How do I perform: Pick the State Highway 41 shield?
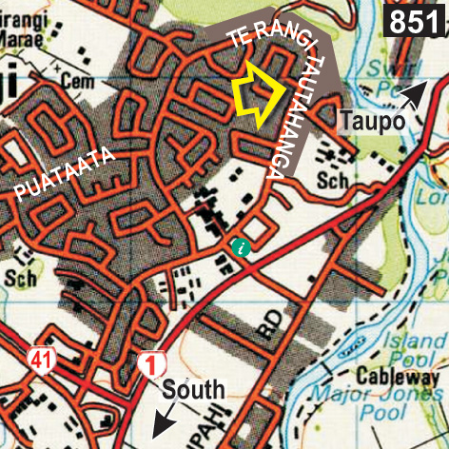[40, 360]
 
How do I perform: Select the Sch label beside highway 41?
[19, 278]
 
